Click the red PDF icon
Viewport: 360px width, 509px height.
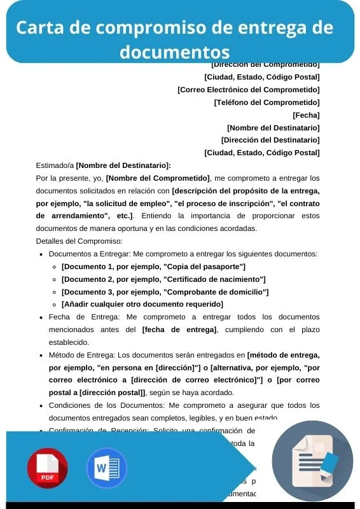[47, 468]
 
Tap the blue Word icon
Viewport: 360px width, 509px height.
[106, 468]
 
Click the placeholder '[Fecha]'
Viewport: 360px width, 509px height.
[306, 115]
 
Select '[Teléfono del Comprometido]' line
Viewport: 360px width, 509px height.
[267, 102]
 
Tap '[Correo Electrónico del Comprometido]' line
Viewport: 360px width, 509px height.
[248, 90]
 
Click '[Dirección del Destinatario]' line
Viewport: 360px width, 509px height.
[270, 140]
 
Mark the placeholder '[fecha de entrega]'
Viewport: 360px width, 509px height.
[179, 330]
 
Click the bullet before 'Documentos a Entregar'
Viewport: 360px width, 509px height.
[41, 254]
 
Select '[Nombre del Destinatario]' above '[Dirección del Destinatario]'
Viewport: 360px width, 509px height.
[273, 128]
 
